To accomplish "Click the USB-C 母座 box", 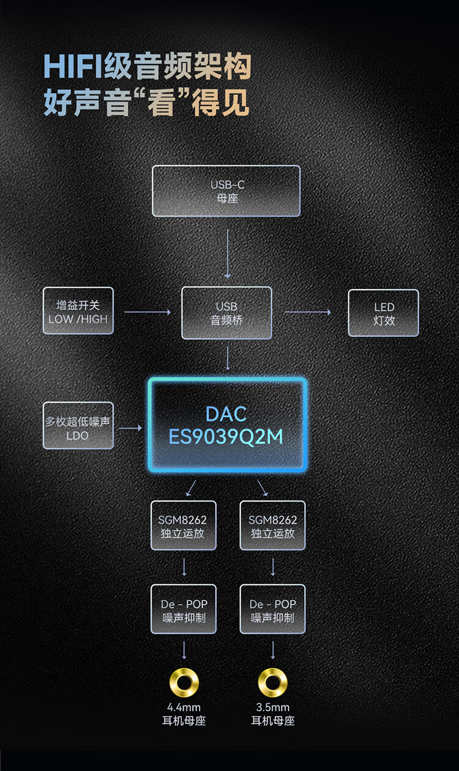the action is coord(226,191).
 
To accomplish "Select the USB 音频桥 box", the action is coord(226,313).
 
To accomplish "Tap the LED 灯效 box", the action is coord(383,313).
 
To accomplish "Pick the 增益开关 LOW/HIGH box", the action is coord(78,311).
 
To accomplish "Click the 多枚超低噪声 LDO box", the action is coord(78,426).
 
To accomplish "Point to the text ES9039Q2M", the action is coord(226,437).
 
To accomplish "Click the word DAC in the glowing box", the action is coord(226,414).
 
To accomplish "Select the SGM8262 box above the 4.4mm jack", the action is coord(184,525).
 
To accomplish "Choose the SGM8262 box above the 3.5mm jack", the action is coord(272,525).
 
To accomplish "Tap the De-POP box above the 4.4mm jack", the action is coord(184,609).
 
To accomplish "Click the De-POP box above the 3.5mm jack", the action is coord(272,609).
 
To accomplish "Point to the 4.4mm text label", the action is coord(184,707).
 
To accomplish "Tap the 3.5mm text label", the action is coord(272,707).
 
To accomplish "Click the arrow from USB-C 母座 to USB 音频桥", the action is coord(227,254).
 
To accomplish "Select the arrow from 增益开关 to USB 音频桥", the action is coord(147,312).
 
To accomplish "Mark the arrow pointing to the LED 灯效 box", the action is coord(308,312).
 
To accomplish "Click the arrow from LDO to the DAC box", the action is coord(130,428).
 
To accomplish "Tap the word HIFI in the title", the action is coord(73,66).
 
